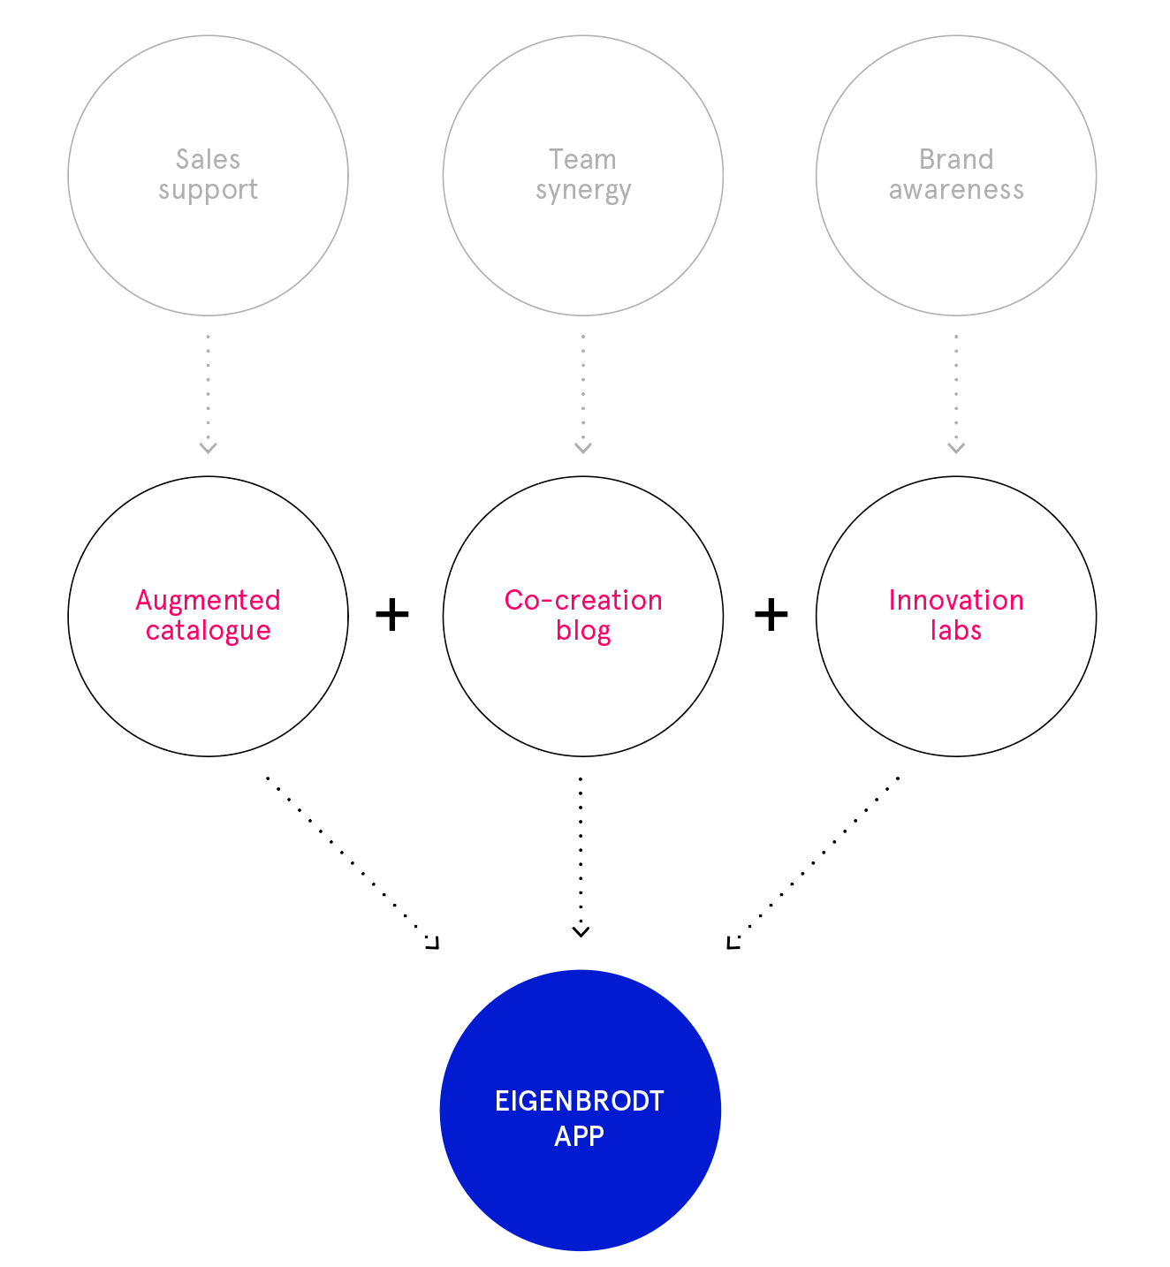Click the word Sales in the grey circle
point(208,159)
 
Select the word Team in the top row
point(582,159)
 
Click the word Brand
point(956,159)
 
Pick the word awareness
point(956,190)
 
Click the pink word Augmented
point(208,601)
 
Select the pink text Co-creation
point(583,600)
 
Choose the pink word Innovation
point(956,600)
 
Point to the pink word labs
point(955,630)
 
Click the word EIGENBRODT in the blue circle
point(580,1101)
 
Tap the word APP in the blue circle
point(579,1136)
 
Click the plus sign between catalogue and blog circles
point(392,615)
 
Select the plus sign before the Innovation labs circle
point(771,615)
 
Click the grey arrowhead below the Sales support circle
point(208,448)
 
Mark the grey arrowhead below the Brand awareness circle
point(956,448)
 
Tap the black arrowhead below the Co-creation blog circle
point(581,932)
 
